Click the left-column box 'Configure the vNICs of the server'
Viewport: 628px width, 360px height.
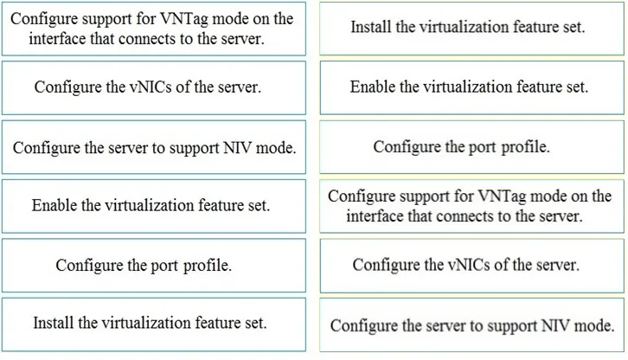pos(154,87)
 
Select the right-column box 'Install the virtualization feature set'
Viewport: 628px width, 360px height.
pos(471,28)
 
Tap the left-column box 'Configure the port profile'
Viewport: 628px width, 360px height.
pos(154,266)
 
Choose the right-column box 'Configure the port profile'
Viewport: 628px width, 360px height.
pos(471,147)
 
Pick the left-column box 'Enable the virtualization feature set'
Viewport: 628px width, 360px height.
pos(154,206)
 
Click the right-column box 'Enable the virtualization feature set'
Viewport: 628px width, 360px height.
pos(471,87)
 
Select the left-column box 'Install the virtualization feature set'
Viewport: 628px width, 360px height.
pos(154,325)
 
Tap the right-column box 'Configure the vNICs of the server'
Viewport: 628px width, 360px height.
pos(471,266)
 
